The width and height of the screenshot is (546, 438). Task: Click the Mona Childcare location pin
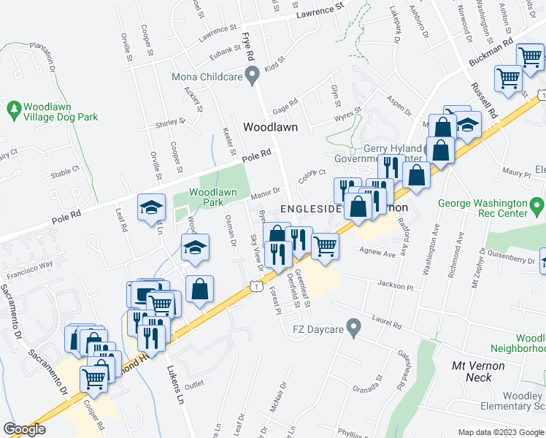pos(253,74)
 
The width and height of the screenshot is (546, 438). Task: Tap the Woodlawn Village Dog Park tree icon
pos(13,109)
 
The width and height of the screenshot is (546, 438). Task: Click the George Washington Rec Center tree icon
pos(537,204)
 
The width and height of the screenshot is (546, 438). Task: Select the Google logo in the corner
pos(24,429)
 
